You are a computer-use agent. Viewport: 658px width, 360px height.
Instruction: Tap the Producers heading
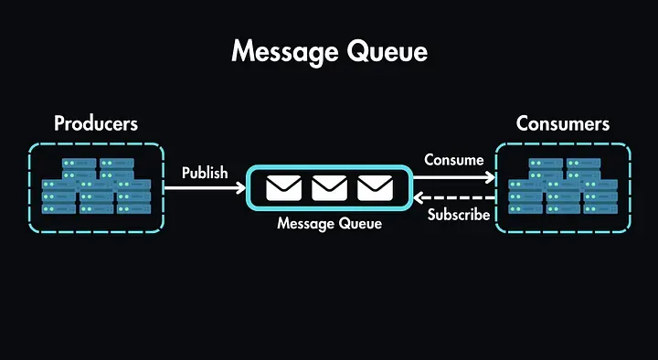click(96, 123)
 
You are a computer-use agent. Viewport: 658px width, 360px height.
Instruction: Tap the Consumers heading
click(563, 123)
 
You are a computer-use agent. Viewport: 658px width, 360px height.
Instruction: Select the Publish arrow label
click(205, 173)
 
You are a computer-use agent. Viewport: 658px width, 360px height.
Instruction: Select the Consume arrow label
click(453, 160)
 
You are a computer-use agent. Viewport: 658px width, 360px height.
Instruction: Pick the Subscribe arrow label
click(459, 216)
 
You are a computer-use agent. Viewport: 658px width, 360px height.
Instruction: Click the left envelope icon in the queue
click(283, 188)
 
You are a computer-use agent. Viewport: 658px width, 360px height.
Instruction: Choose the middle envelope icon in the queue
click(330, 188)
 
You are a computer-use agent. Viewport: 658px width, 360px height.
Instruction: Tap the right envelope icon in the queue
click(376, 188)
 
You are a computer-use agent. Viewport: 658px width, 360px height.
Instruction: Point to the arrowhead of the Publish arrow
click(242, 188)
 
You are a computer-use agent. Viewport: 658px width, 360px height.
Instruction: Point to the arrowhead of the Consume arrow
click(491, 177)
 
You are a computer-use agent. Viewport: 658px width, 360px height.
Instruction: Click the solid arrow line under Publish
click(201, 188)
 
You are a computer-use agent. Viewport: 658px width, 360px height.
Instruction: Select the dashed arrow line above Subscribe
click(457, 197)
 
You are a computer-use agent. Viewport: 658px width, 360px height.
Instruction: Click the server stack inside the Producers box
click(96, 187)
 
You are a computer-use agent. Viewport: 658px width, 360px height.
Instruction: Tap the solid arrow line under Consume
click(452, 177)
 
